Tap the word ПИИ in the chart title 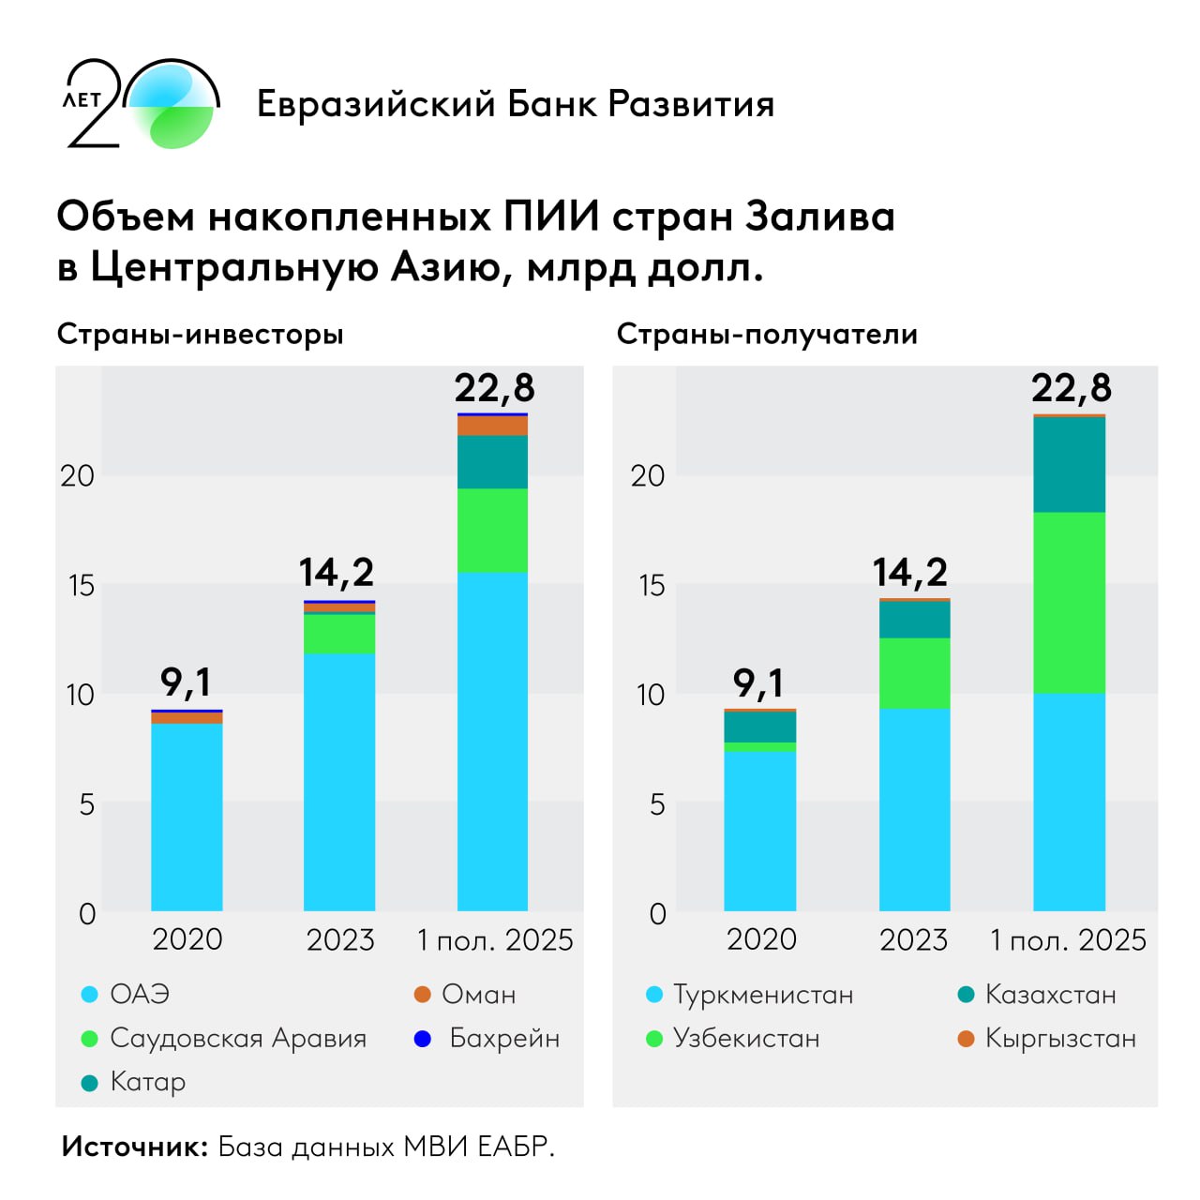point(551,217)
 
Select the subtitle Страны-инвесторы point(200,335)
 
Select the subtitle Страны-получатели point(766,335)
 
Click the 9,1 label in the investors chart point(186,682)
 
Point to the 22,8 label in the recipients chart point(1071,387)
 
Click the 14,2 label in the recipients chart point(909,572)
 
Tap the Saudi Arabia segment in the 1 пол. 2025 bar point(492,530)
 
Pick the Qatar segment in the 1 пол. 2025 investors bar point(492,461)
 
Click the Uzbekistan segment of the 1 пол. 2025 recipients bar point(1069,602)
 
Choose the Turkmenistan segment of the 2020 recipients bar point(759,831)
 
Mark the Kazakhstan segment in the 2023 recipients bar point(914,619)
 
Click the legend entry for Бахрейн point(487,1039)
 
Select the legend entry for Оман point(465,995)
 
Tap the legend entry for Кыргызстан point(1047,1039)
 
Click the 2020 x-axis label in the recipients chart point(760,939)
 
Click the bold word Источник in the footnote point(134,1147)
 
